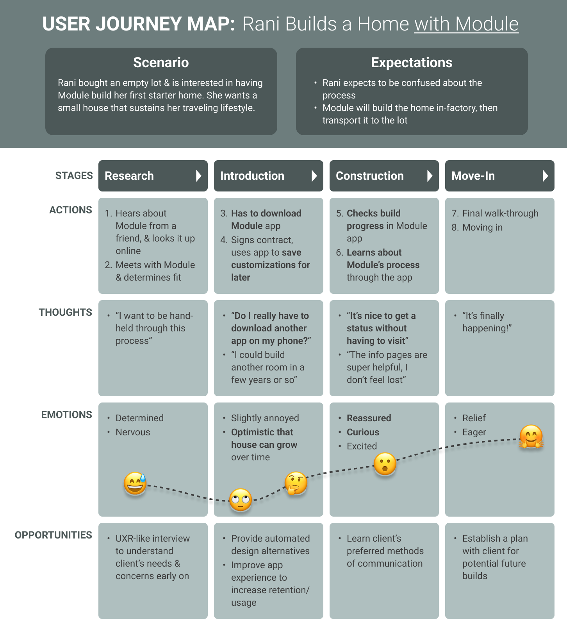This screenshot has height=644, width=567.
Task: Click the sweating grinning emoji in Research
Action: tap(135, 483)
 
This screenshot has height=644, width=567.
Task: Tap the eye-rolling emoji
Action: tap(241, 500)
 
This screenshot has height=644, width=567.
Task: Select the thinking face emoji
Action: tap(296, 483)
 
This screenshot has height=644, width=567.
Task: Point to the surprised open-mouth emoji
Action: tap(385, 464)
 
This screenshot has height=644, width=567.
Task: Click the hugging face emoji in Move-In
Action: tap(531, 436)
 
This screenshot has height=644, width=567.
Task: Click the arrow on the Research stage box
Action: tap(199, 176)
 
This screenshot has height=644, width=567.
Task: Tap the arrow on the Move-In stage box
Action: tap(546, 176)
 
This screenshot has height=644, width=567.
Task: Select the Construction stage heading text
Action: tap(369, 176)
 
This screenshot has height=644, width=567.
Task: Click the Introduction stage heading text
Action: tap(252, 176)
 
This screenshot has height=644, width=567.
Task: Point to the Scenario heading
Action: tap(161, 63)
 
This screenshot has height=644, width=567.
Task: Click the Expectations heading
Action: tap(412, 63)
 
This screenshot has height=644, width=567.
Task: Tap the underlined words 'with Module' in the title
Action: tap(466, 24)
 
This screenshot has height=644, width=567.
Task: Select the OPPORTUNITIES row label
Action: tap(53, 535)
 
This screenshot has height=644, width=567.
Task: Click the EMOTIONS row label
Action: tap(67, 415)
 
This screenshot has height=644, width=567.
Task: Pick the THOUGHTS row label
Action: tap(65, 312)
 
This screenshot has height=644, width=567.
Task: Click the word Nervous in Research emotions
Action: tap(133, 432)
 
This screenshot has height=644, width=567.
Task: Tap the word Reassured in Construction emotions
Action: tap(369, 418)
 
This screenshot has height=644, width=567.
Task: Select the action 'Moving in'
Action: tap(482, 227)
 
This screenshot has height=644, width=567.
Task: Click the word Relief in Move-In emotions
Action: tap(474, 418)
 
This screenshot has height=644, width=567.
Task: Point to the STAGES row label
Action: tap(74, 176)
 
